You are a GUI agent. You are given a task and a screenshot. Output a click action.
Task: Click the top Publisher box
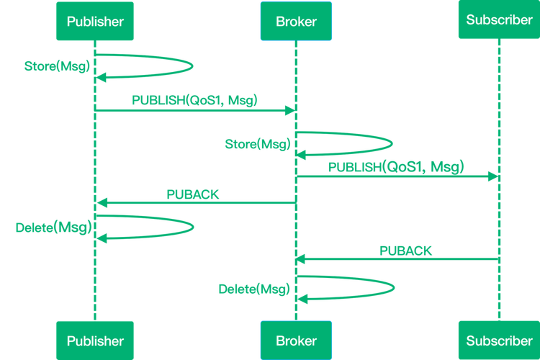[x=95, y=21]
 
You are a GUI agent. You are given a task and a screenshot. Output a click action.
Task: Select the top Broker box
[x=296, y=21]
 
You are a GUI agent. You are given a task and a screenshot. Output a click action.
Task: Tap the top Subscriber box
[x=500, y=19]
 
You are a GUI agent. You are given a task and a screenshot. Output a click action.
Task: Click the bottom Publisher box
[x=95, y=341]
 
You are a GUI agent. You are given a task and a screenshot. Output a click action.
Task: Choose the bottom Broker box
[x=296, y=341]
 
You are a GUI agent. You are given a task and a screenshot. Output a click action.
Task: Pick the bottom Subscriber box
[x=500, y=341]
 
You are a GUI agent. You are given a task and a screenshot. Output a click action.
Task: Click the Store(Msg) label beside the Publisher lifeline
[x=57, y=66]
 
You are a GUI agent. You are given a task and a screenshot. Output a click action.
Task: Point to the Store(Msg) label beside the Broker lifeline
[x=258, y=144]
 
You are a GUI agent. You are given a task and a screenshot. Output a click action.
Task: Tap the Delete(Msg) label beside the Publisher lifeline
[x=54, y=228]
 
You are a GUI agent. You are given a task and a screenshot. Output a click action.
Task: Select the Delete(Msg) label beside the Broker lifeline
[x=254, y=289]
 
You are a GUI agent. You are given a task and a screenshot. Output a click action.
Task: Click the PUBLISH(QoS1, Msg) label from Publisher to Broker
[x=194, y=100]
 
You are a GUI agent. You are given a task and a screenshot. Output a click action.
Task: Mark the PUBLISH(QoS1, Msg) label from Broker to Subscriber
[x=396, y=167]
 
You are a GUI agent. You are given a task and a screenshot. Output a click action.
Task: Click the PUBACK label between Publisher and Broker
[x=193, y=194]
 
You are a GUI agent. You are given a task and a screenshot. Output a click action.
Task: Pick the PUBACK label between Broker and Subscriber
[x=405, y=251]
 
